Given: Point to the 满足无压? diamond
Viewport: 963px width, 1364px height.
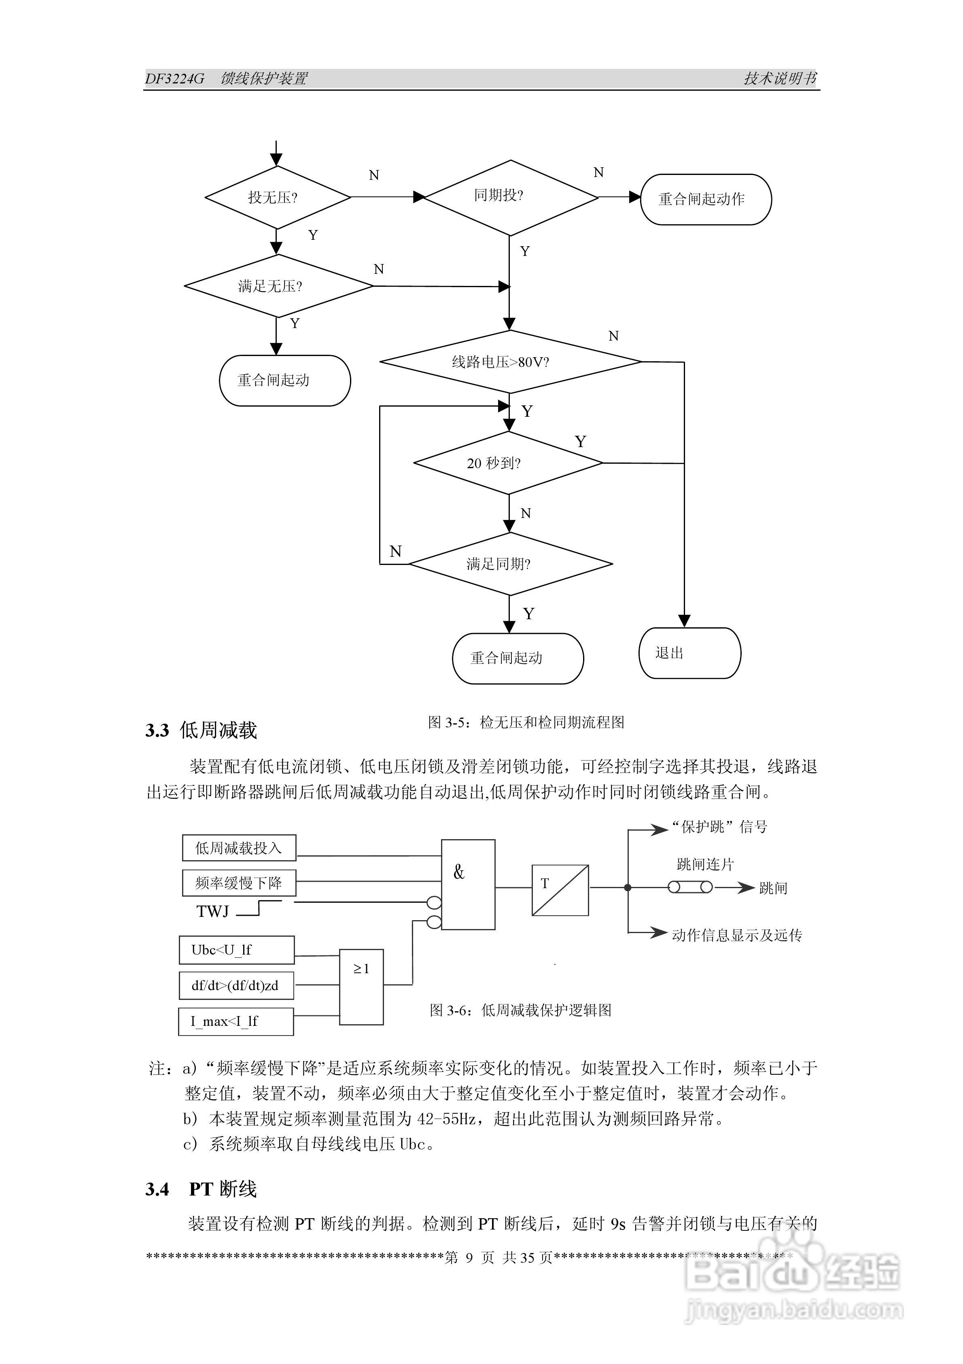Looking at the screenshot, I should [278, 286].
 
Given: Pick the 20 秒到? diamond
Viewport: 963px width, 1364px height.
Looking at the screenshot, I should [508, 463].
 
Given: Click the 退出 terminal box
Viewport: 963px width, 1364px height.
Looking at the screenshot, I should [689, 653].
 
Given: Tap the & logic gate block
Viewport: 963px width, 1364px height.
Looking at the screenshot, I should [468, 884].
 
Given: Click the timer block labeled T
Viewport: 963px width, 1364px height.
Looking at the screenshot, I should [560, 890].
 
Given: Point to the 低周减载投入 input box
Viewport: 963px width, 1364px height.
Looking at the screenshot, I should [239, 848].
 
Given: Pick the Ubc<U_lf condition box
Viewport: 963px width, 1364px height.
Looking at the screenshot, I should [236, 950].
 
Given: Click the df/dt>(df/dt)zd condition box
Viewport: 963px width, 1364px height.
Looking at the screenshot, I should [236, 986].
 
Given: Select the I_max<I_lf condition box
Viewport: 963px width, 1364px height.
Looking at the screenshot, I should [236, 1021].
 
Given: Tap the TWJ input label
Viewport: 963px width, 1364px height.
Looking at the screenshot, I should [212, 911].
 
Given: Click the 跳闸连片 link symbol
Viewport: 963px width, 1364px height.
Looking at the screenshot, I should [690, 888].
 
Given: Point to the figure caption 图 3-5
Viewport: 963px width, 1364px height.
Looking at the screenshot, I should [526, 722].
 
